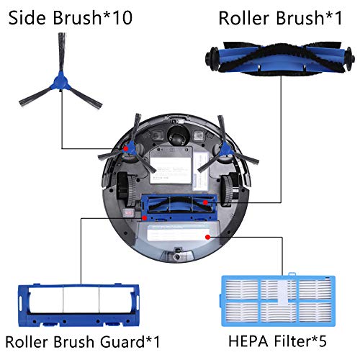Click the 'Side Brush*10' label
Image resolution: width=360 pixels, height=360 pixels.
pyautogui.click(x=70, y=18)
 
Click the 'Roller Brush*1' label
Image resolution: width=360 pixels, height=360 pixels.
pyautogui.click(x=280, y=18)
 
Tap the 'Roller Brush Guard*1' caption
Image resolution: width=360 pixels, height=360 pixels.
pyautogui.click(x=82, y=341)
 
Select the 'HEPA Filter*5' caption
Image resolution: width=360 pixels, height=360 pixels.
pyautogui.click(x=277, y=341)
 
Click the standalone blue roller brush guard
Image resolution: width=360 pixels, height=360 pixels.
pyautogui.click(x=78, y=305)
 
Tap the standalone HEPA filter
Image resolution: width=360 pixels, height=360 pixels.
pyautogui.click(x=278, y=300)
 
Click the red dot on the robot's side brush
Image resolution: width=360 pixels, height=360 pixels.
pyautogui.click(x=126, y=149)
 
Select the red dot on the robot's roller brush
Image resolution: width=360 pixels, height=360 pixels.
pyautogui.click(x=205, y=202)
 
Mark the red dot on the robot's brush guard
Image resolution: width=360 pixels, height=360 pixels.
pyautogui.click(x=144, y=218)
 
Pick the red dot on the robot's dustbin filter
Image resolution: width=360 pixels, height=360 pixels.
pyautogui.click(x=208, y=237)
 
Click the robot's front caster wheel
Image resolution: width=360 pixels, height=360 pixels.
pyautogui.click(x=179, y=135)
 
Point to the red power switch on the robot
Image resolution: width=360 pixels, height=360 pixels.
pyautogui.click(x=128, y=212)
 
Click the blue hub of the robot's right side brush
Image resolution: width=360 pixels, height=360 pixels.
pyautogui.click(x=225, y=148)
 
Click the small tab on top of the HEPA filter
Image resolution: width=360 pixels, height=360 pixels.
pyautogui.click(x=292, y=274)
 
